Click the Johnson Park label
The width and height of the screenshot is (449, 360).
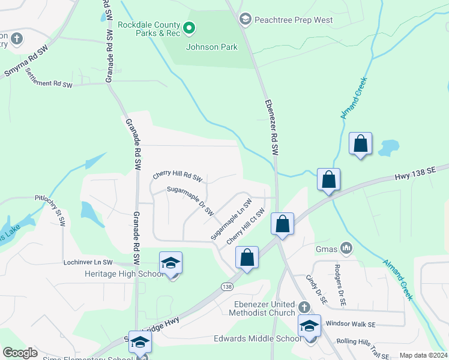(211, 47)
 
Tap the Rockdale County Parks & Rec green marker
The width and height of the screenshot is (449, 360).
(188, 28)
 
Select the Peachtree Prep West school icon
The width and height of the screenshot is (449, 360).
(245, 20)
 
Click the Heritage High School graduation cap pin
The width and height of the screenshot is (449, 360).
(170, 263)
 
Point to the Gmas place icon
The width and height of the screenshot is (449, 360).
(346, 247)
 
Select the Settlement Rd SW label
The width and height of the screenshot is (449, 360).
(49, 84)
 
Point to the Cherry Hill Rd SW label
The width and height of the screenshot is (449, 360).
(178, 175)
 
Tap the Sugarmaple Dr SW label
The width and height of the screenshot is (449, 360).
(190, 200)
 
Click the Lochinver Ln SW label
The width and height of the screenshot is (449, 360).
(88, 262)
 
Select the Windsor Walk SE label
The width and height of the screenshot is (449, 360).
(350, 323)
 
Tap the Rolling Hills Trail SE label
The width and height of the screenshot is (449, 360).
(364, 341)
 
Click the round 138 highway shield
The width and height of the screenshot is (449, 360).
(227, 287)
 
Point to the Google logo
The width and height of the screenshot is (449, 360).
(20, 353)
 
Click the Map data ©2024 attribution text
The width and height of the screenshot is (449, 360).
(423, 355)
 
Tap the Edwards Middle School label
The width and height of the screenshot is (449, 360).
(258, 338)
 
